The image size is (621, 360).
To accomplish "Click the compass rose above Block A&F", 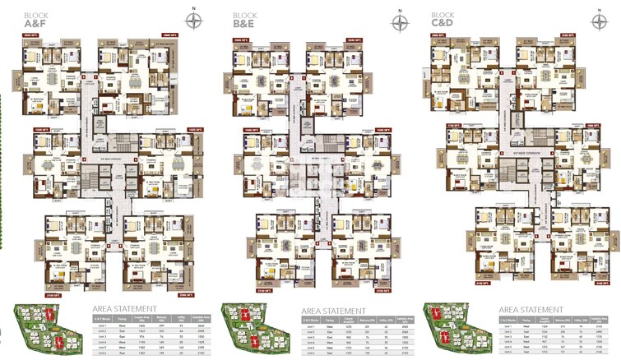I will point(194,21).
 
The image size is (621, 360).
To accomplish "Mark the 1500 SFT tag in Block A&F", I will point(39,130).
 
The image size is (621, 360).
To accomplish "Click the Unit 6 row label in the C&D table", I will point(507,356).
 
